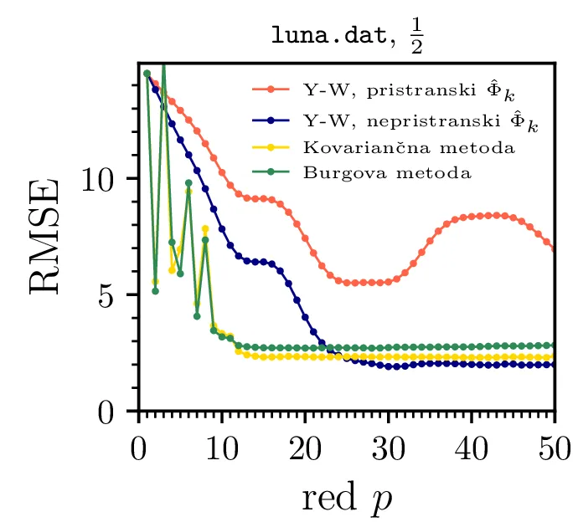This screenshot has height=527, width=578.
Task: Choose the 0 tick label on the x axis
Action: pyautogui.click(x=138, y=441)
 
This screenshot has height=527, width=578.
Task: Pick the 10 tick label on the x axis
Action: pyautogui.click(x=221, y=441)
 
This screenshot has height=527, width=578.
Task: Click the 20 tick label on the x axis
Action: pyautogui.click(x=304, y=441)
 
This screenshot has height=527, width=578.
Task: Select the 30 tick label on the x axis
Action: pyautogui.click(x=388, y=441)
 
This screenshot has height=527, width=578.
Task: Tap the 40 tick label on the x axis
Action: pyautogui.click(x=471, y=441)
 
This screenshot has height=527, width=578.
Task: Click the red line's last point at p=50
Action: pyautogui.click(x=554, y=248)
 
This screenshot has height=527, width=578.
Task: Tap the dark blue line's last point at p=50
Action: pyautogui.click(x=554, y=365)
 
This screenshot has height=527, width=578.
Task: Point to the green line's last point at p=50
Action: pyautogui.click(x=554, y=345)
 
